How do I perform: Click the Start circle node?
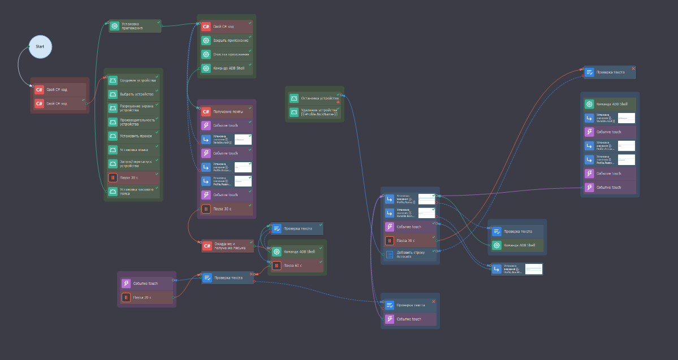point(40,46)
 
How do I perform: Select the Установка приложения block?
point(135,26)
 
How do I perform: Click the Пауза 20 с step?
point(146,297)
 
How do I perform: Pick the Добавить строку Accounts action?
point(409,254)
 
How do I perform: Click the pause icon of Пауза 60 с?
point(277,266)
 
